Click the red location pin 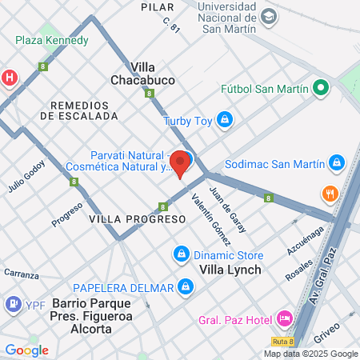(x=181, y=162)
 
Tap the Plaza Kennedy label (x=51, y=40)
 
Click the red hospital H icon (x=10, y=78)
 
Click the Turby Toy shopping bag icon (x=226, y=121)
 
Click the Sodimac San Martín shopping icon (x=337, y=164)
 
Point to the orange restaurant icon (x=329, y=194)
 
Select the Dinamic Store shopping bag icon (x=182, y=254)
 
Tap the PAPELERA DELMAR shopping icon (x=185, y=286)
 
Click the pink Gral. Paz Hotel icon (x=284, y=319)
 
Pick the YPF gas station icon (x=13, y=304)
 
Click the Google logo (x=26, y=350)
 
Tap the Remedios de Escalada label (x=83, y=110)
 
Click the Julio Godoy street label (x=27, y=177)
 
